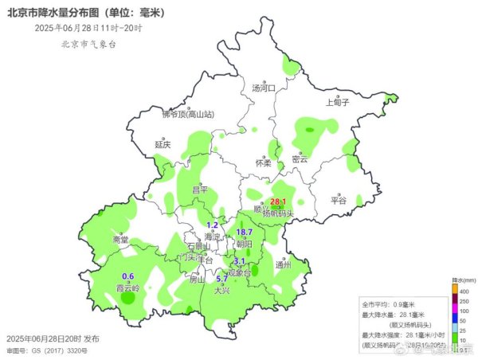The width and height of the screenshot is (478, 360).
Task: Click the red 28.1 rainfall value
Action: tap(278, 202)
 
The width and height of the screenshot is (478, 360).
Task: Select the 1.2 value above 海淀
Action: tap(212, 226)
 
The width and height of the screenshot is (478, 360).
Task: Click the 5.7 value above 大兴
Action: tap(222, 280)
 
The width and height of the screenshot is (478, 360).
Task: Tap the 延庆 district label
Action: tap(163, 145)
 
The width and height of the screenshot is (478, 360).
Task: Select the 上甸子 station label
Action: tap(338, 102)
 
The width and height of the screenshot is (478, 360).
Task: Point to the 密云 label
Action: tap(300, 159)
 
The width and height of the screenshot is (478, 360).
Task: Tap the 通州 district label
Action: tap(283, 264)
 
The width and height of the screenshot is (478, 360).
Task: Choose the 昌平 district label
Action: tap(199, 190)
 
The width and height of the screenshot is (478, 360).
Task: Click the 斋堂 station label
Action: tap(119, 239)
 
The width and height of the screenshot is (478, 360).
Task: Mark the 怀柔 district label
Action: tap(263, 163)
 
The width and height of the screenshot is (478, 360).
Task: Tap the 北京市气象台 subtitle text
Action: tap(88, 45)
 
